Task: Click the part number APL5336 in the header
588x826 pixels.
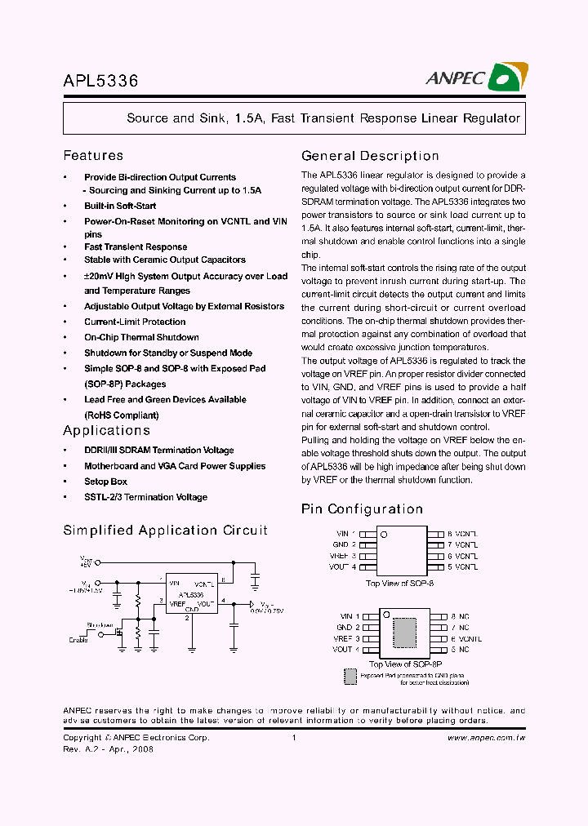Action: coord(100,81)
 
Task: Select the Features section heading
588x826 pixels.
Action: coord(93,155)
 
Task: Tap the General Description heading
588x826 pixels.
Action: coord(370,156)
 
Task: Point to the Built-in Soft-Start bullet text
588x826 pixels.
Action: coord(120,206)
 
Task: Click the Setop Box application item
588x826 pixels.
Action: coord(105,482)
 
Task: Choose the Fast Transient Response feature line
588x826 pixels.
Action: coord(136,246)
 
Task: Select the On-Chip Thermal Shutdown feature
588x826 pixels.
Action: coord(141,337)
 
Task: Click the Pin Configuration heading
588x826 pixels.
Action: coord(362,509)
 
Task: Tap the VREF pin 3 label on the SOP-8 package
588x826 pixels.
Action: coord(343,555)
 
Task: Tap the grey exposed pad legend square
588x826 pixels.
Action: coord(350,677)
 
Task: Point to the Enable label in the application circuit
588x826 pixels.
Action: coord(78,640)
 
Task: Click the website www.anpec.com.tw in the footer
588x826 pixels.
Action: coord(486,737)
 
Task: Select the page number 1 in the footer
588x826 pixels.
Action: coord(293,737)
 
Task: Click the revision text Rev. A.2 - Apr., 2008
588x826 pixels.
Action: coord(108,748)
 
